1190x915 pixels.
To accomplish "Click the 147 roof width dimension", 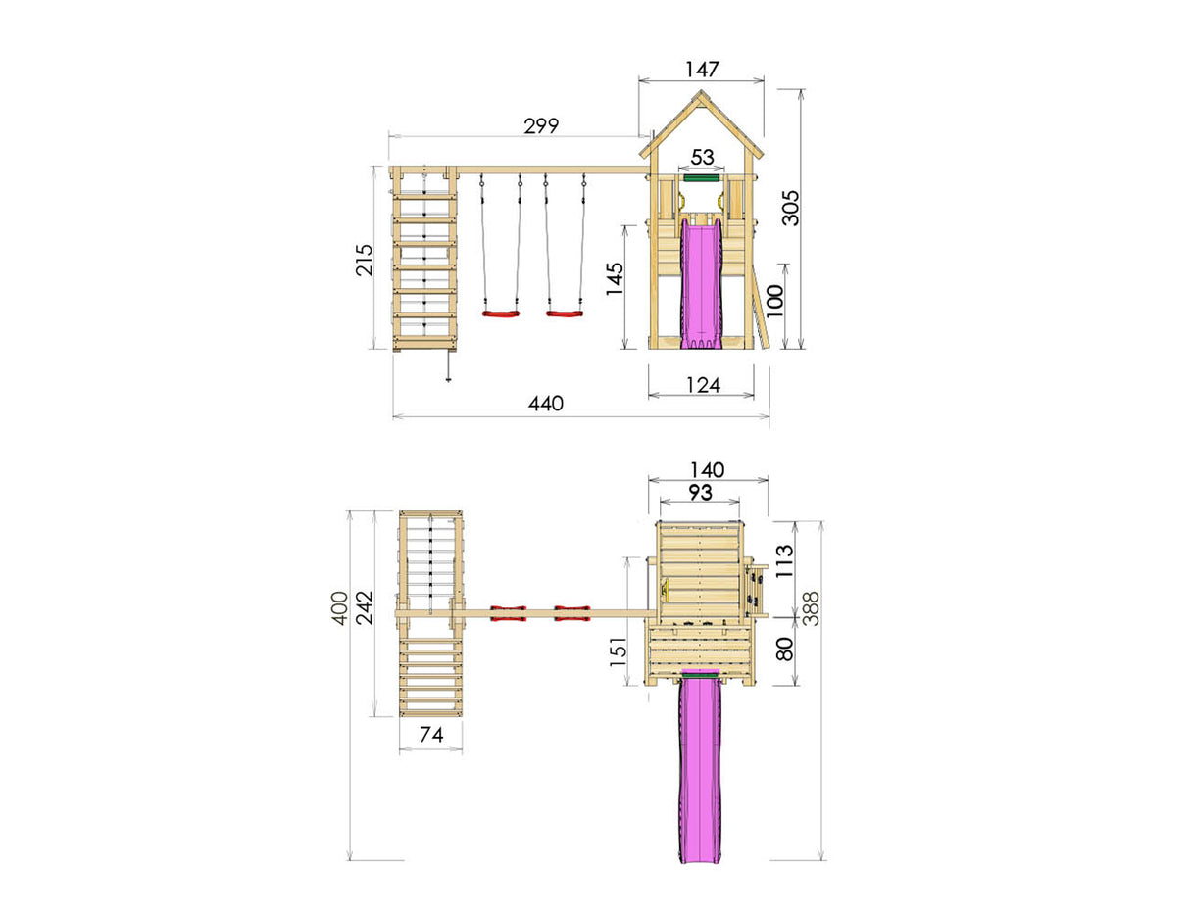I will tap(702, 70).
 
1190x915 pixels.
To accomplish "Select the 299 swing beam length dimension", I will tap(540, 125).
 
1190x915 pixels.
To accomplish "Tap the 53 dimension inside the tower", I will tap(702, 157).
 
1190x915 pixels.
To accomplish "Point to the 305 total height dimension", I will tap(790, 207).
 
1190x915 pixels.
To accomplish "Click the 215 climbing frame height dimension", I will tap(364, 260).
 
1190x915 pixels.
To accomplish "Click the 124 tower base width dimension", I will tap(702, 385).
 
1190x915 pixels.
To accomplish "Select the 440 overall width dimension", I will tap(546, 404).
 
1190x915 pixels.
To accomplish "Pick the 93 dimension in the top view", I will tap(700, 493).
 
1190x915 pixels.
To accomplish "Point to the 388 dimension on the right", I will tap(812, 607).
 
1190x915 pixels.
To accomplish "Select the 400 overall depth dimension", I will tap(339, 607).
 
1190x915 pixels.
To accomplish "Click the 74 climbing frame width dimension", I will tap(430, 735).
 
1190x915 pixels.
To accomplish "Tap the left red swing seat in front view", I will tap(500, 314).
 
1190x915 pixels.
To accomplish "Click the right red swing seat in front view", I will tap(565, 314).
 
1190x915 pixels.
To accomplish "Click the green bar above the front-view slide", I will tap(702, 179).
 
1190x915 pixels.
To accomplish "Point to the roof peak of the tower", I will tap(702, 94).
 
